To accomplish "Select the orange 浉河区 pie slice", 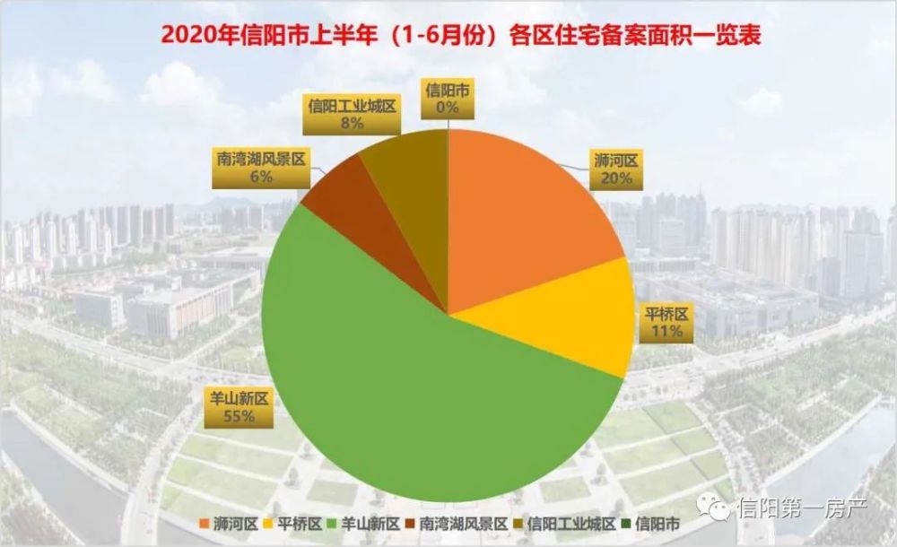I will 520,215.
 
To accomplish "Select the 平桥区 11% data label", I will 666,322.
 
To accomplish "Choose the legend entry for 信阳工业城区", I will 565,523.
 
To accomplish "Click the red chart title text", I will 448,36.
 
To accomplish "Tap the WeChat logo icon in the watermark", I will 718,511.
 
